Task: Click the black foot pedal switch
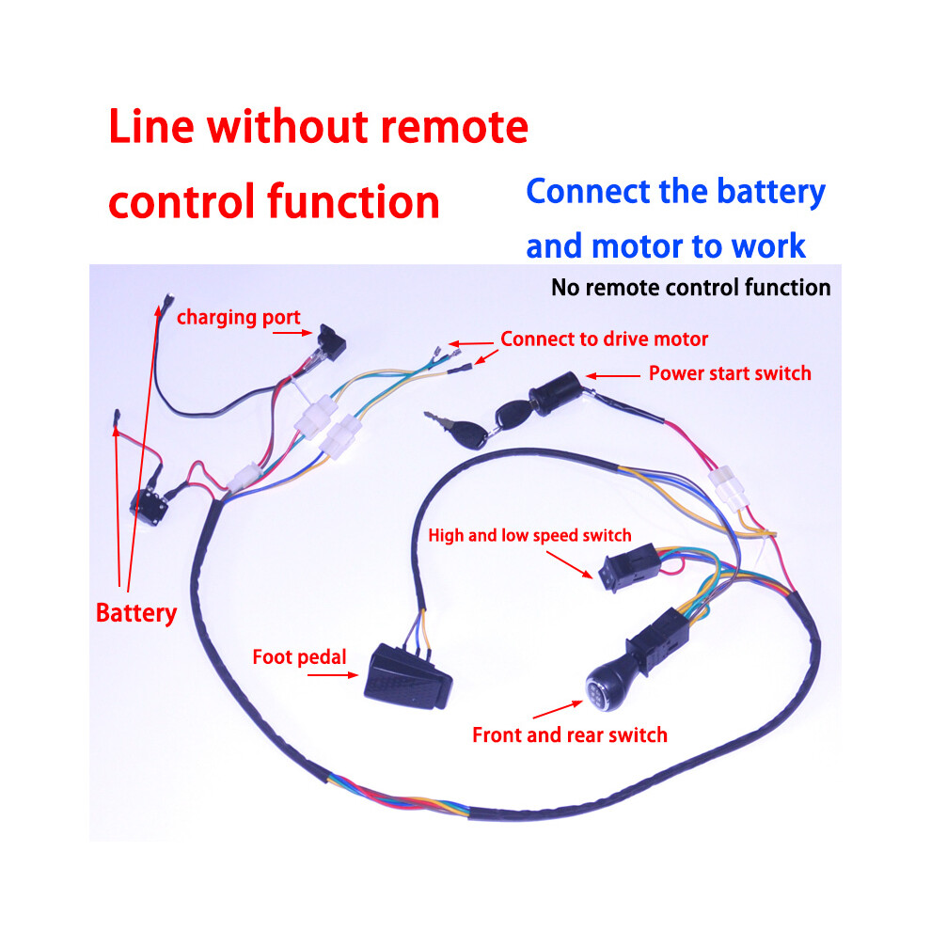point(408,677)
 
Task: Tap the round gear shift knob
point(608,685)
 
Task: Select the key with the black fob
point(458,430)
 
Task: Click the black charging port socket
point(331,342)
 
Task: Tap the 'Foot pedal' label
point(299,656)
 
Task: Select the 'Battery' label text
point(136,613)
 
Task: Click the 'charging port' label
point(239,317)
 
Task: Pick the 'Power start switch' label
point(730,373)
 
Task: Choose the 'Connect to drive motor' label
point(605,339)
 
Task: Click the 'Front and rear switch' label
point(570,734)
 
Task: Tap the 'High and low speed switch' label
point(529,535)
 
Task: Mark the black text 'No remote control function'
point(691,288)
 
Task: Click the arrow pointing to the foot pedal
point(333,675)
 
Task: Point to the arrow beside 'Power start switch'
point(613,376)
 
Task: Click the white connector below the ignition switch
point(729,489)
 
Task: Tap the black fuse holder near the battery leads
point(149,507)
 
